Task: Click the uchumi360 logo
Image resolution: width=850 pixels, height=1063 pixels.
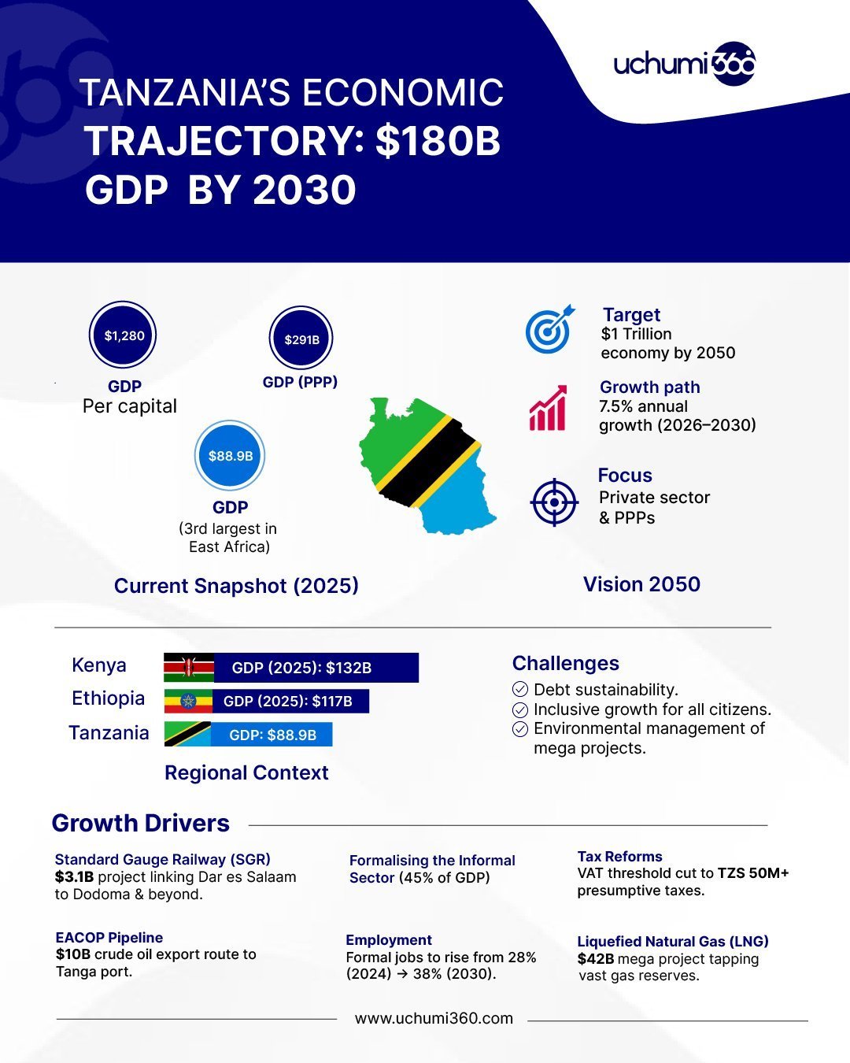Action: point(684,64)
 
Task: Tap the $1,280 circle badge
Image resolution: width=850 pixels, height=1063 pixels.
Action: point(124,335)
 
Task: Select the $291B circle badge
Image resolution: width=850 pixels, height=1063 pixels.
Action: point(301,339)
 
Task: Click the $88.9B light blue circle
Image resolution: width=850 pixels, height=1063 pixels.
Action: point(230,456)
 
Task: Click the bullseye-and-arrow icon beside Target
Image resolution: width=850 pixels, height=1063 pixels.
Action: point(549,330)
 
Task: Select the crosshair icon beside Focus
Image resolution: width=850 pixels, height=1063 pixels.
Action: point(555,502)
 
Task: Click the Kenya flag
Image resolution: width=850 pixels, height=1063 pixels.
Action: point(189,668)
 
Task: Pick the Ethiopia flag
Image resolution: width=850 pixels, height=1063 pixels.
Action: point(188,701)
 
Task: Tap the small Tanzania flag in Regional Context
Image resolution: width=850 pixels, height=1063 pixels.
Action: point(187,734)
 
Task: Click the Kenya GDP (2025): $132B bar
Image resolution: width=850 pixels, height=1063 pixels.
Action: point(316,668)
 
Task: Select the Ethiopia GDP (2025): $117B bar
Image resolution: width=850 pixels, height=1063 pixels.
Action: point(290,701)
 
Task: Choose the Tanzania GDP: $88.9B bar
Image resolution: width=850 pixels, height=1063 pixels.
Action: point(272,735)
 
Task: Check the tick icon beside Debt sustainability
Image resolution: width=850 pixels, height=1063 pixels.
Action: point(520,690)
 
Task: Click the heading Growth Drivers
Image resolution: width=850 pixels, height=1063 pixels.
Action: point(141,824)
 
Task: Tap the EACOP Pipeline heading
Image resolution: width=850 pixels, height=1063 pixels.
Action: point(109,938)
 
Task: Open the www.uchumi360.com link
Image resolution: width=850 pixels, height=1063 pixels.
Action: point(434,1019)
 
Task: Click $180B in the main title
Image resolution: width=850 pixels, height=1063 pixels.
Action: point(438,142)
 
